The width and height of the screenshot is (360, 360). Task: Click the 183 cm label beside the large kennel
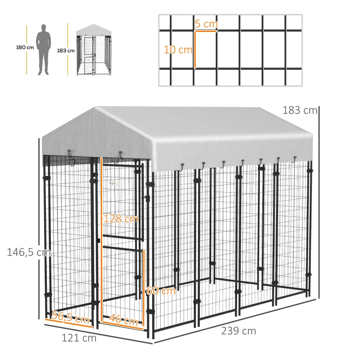[300, 110]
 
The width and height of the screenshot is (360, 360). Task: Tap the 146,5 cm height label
[28, 252]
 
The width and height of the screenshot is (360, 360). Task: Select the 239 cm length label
[238, 331]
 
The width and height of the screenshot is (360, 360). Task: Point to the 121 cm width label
[79, 338]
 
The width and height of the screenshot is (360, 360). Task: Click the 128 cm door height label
[121, 219]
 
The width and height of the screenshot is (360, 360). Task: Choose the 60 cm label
[161, 291]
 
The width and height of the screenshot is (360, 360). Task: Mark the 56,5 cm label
[70, 318]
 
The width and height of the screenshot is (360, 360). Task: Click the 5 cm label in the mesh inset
[206, 24]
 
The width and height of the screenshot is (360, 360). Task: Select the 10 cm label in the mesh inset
[178, 50]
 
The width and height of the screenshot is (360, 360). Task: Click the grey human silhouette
[44, 49]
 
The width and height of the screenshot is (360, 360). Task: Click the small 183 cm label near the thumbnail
[66, 50]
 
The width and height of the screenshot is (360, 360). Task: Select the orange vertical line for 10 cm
[195, 49]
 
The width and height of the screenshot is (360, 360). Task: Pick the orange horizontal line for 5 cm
[206, 31]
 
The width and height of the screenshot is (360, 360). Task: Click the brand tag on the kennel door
[112, 183]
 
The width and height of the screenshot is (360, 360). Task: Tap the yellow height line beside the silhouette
[27, 49]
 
